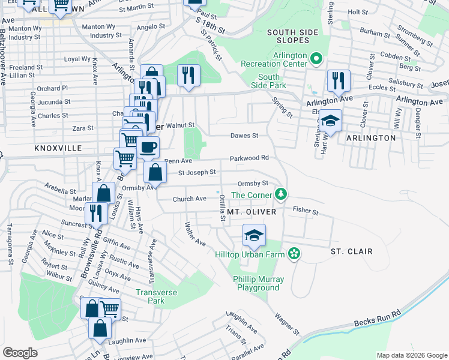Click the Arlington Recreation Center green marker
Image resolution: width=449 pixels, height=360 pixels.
click(316, 59)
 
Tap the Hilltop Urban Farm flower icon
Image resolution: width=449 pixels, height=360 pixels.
click(294, 254)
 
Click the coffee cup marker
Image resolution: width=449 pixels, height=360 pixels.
click(148, 147)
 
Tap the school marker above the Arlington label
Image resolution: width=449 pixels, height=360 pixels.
click(330, 121)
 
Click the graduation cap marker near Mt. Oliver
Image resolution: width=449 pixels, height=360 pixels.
click(255, 235)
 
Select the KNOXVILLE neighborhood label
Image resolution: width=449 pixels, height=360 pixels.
click(58, 148)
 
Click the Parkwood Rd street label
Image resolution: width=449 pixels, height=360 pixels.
click(248, 158)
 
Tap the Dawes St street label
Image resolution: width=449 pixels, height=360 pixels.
click(244, 136)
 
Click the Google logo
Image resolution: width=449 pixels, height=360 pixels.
click(20, 352)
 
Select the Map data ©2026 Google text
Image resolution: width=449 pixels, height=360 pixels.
click(411, 355)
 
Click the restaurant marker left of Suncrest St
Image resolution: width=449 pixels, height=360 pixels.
click(95, 214)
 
